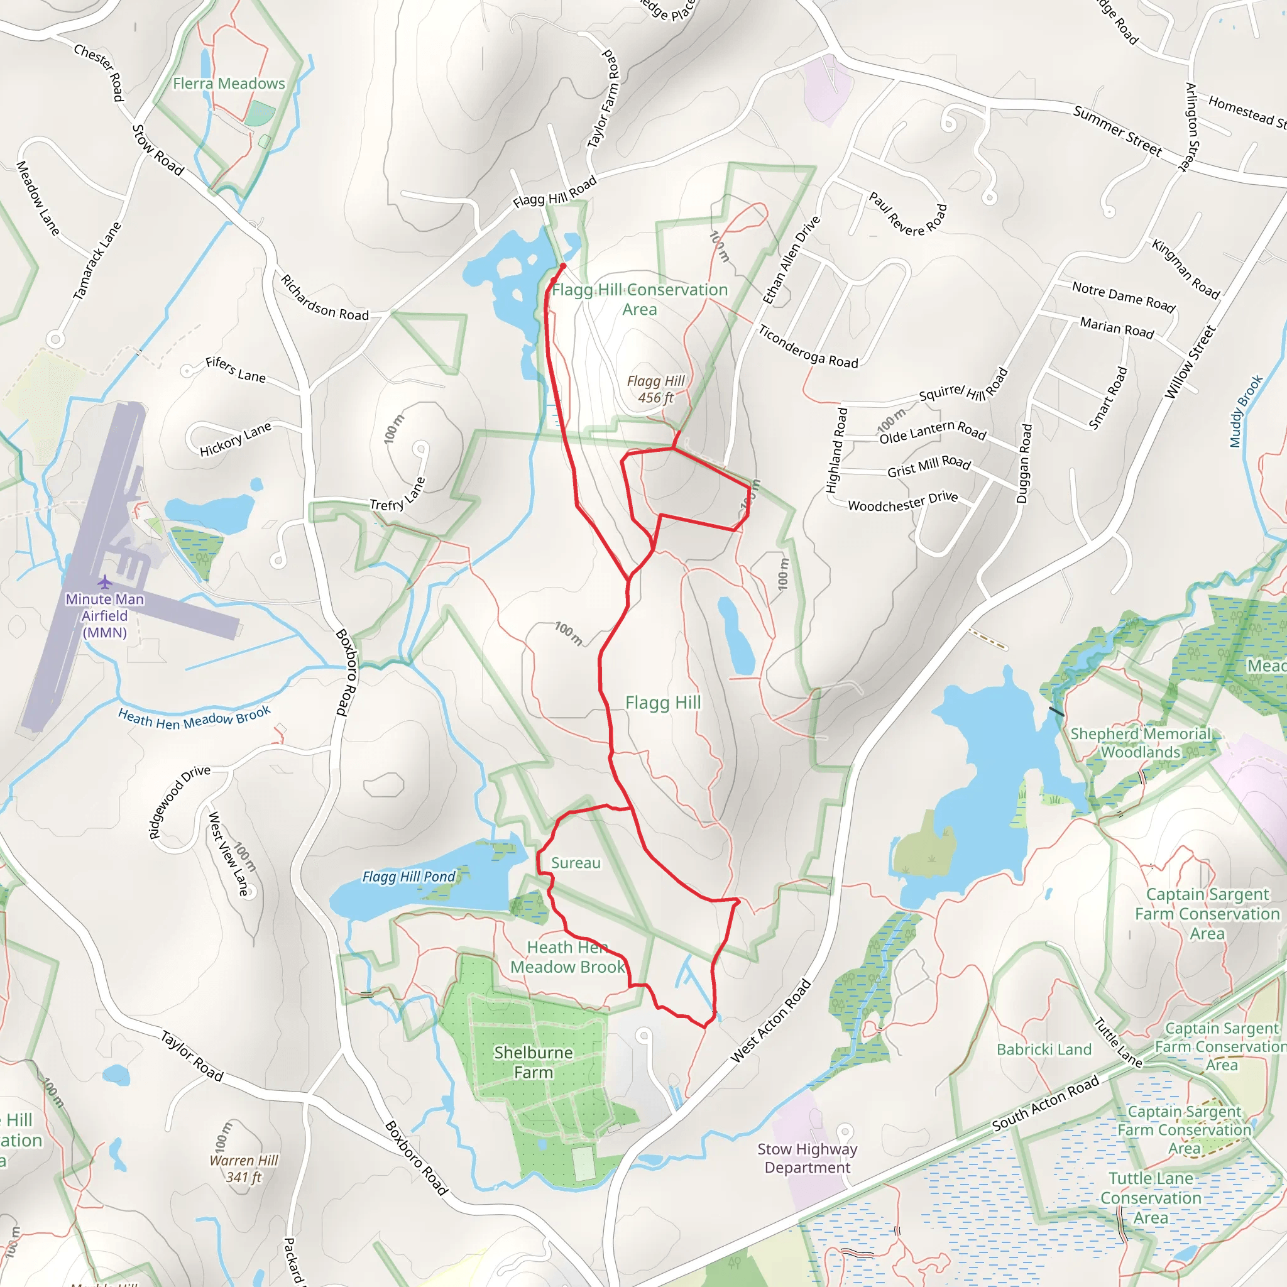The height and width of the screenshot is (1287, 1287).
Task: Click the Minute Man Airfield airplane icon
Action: pyautogui.click(x=104, y=583)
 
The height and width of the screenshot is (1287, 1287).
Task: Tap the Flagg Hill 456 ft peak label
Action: pyautogui.click(x=655, y=390)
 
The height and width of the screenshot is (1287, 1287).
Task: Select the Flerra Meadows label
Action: pyautogui.click(x=229, y=84)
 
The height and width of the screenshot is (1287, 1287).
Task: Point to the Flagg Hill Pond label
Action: pyautogui.click(x=409, y=877)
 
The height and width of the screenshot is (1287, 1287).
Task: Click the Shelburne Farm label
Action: pyautogui.click(x=533, y=1062)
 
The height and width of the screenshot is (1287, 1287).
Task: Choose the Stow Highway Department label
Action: pyautogui.click(x=807, y=1158)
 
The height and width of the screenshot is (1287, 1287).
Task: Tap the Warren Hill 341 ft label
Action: pyautogui.click(x=244, y=1168)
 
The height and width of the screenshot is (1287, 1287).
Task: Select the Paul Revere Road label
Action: pyautogui.click(x=907, y=213)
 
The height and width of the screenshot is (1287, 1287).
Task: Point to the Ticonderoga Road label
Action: pyautogui.click(x=808, y=346)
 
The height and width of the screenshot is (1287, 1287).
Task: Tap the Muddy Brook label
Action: pyautogui.click(x=1246, y=411)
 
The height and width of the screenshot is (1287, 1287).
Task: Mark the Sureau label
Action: pyautogui.click(x=576, y=863)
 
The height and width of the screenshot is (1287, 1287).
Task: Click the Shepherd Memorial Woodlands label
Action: pyautogui.click(x=1141, y=743)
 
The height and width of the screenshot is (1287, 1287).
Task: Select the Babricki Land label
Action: pyautogui.click(x=1044, y=1049)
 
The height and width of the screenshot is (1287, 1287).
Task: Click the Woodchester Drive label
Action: pyautogui.click(x=902, y=501)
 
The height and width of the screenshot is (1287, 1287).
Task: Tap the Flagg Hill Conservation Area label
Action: pyautogui.click(x=640, y=299)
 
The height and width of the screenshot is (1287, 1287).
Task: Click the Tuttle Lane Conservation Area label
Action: pyautogui.click(x=1151, y=1198)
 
